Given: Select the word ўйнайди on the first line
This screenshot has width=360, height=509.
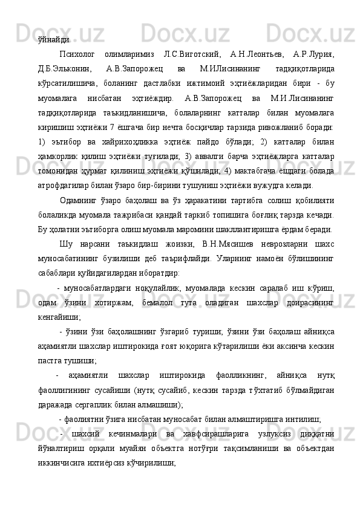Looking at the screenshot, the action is coord(53,41).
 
